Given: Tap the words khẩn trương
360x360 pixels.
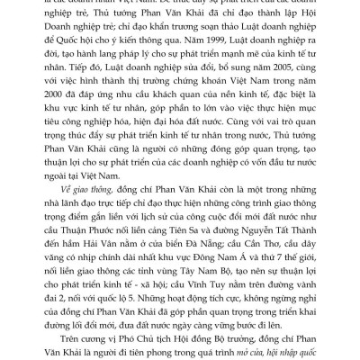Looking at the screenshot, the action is (x=189, y=40).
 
